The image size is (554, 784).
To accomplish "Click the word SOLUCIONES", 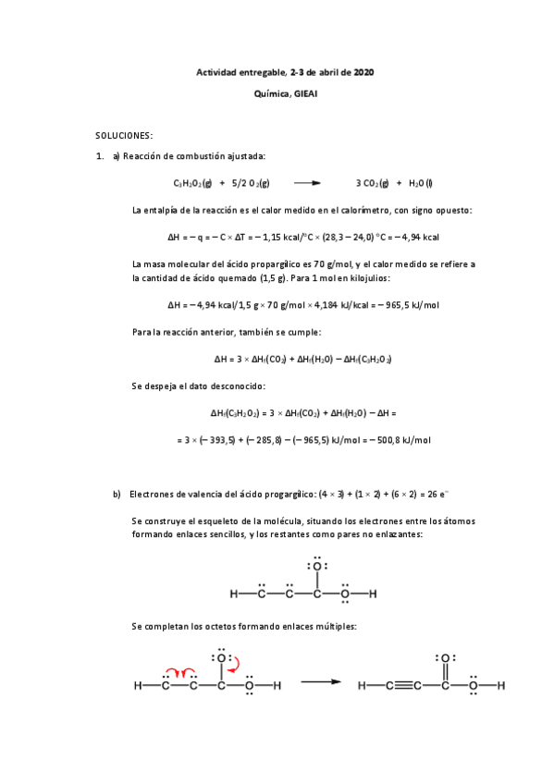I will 124,135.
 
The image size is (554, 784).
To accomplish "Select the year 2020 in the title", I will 363,72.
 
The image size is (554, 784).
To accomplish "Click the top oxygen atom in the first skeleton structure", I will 316,566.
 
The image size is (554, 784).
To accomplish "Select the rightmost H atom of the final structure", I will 500,686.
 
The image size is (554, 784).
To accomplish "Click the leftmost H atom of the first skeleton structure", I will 234,594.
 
